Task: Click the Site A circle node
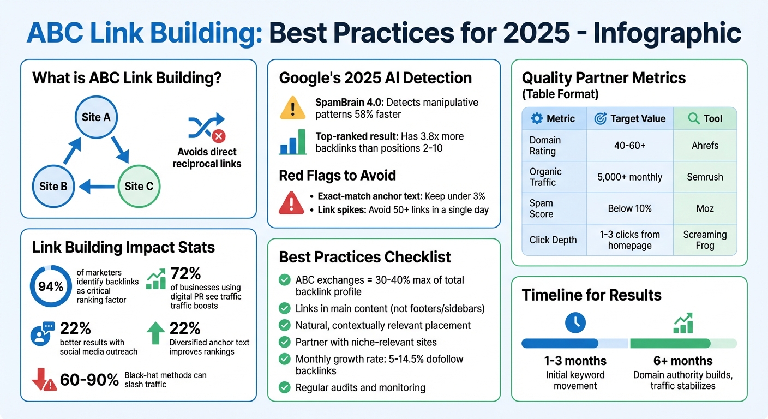95,117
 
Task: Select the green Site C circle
139,186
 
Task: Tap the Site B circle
53,186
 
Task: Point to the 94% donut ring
50,286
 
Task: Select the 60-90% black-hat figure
89,380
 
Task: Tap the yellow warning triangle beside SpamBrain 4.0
292,108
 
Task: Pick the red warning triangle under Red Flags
291,203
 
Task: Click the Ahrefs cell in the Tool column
705,146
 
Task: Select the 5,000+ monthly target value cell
629,177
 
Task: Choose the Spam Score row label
541,208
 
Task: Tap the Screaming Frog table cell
705,240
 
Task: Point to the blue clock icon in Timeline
575,322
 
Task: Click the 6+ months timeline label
683,361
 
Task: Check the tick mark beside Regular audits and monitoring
284,388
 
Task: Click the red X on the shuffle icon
219,136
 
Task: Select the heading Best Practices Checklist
365,257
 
